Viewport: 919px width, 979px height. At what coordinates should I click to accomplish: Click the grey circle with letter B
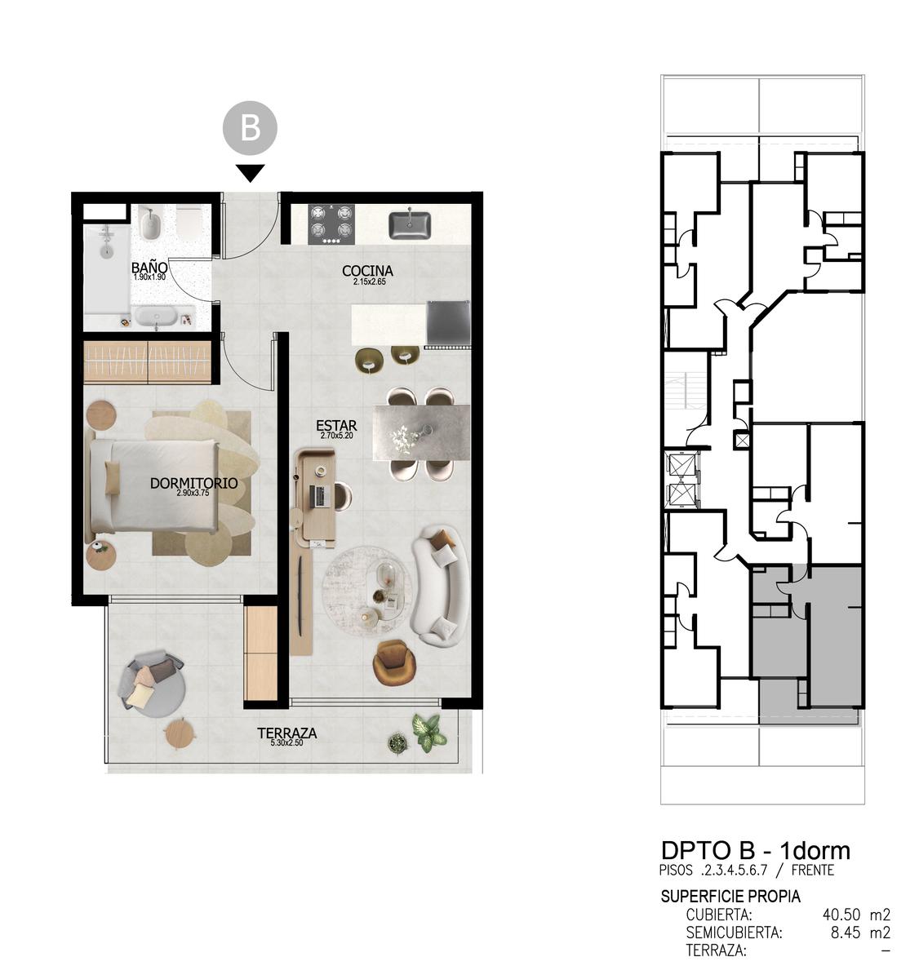coord(250,127)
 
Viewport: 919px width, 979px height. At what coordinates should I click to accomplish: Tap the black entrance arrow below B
coord(250,173)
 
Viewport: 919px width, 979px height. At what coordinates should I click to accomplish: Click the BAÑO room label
coord(149,268)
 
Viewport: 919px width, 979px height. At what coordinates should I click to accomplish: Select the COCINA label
coord(367,271)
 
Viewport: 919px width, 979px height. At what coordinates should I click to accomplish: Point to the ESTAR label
coord(336,425)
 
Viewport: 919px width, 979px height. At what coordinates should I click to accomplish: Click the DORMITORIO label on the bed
coord(194,483)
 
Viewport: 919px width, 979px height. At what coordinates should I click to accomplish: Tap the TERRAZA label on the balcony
coord(287,733)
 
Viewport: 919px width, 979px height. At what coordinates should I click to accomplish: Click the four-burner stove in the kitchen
coord(331,224)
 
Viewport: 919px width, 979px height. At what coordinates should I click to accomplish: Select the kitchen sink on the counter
coord(410,225)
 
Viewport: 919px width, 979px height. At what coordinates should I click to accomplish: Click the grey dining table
coord(422,432)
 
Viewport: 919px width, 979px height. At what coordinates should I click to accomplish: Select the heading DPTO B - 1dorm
coord(755,850)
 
